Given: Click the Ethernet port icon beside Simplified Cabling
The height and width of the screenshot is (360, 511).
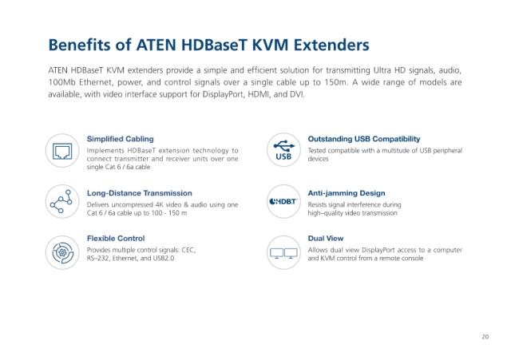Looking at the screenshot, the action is click(62, 151).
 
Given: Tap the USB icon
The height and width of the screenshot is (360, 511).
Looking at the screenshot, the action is click(283, 150).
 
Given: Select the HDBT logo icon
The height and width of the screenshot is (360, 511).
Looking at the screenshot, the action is click(283, 202).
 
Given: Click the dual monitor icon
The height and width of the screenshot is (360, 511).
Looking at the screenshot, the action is click(283, 253).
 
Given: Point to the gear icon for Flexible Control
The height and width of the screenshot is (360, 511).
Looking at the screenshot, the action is click(62, 252).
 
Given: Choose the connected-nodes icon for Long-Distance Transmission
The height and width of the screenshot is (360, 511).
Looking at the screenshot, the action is click(61, 201).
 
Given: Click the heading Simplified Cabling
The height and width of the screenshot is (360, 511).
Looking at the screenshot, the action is click(120, 139).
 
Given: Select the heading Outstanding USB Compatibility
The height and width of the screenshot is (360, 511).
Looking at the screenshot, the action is click(364, 139).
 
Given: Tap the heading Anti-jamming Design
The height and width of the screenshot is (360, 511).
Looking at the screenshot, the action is click(347, 193).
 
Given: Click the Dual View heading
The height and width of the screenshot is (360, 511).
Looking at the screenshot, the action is click(326, 239).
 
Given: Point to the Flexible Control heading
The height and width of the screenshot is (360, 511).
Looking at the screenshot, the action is click(116, 239).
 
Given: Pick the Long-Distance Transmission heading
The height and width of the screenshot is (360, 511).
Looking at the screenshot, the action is click(139, 193).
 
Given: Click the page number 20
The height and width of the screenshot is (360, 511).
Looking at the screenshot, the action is click(485, 337).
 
